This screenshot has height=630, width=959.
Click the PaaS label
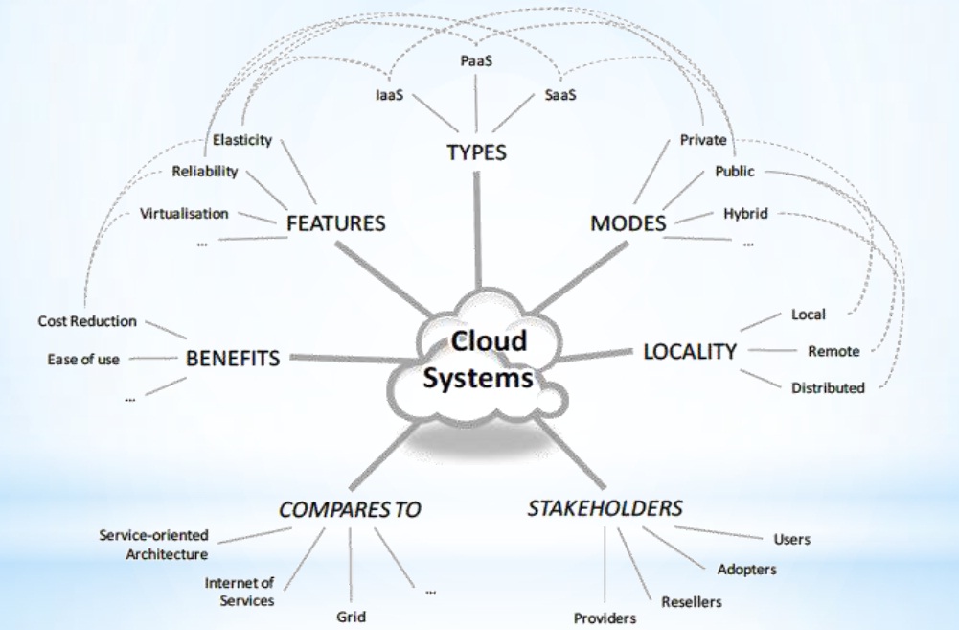point(476,60)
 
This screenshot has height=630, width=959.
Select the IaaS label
point(388,96)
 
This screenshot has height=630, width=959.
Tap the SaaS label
point(560,96)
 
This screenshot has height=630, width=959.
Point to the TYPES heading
point(476,152)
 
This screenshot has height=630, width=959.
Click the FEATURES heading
point(335,223)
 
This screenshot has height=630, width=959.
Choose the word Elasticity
point(242,139)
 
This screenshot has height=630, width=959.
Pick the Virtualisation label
point(184,213)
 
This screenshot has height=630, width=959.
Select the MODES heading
point(628,223)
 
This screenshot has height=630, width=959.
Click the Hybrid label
point(745,213)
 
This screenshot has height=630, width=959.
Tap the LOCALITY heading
point(690,351)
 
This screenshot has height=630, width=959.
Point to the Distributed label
point(828,387)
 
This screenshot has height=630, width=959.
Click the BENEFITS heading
point(233,359)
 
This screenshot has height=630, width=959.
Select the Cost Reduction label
point(87,321)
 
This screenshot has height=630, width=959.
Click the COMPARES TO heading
point(350,509)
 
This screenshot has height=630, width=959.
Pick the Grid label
point(351,616)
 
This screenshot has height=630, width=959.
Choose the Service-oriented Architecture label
point(153,545)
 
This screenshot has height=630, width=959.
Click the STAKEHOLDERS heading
point(605,506)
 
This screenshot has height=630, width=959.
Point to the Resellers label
point(691,602)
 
